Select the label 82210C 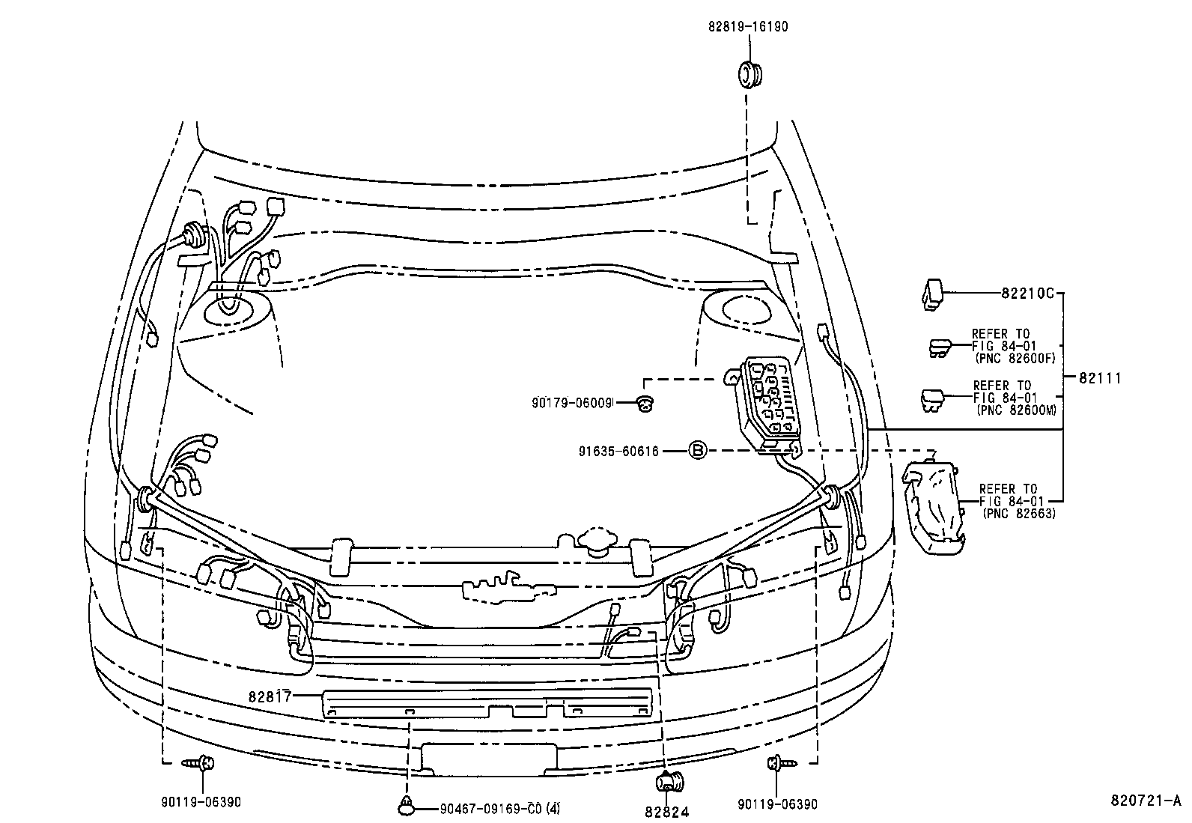click(1027, 293)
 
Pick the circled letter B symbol click(697, 450)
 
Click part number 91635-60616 click(618, 451)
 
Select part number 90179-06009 click(573, 403)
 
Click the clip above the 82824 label click(666, 783)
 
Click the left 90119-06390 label click(201, 804)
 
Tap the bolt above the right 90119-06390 click(778, 763)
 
